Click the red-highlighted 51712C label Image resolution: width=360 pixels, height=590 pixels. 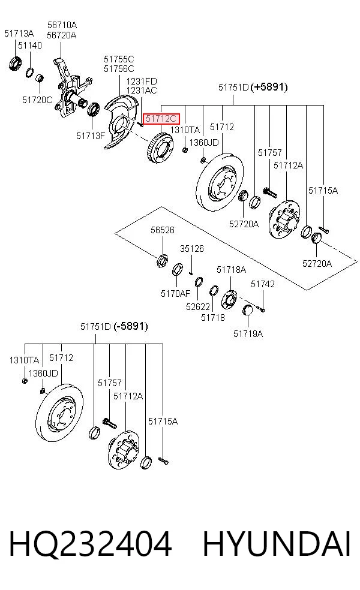click(161, 119)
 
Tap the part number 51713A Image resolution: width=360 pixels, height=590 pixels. click(19, 34)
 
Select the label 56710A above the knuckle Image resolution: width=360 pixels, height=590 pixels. click(62, 25)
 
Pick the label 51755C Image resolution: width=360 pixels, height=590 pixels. click(119, 59)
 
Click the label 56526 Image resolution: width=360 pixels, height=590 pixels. click(163, 230)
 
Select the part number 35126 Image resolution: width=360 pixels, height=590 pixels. click(191, 248)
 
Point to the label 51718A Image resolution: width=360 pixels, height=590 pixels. click(231, 269)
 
